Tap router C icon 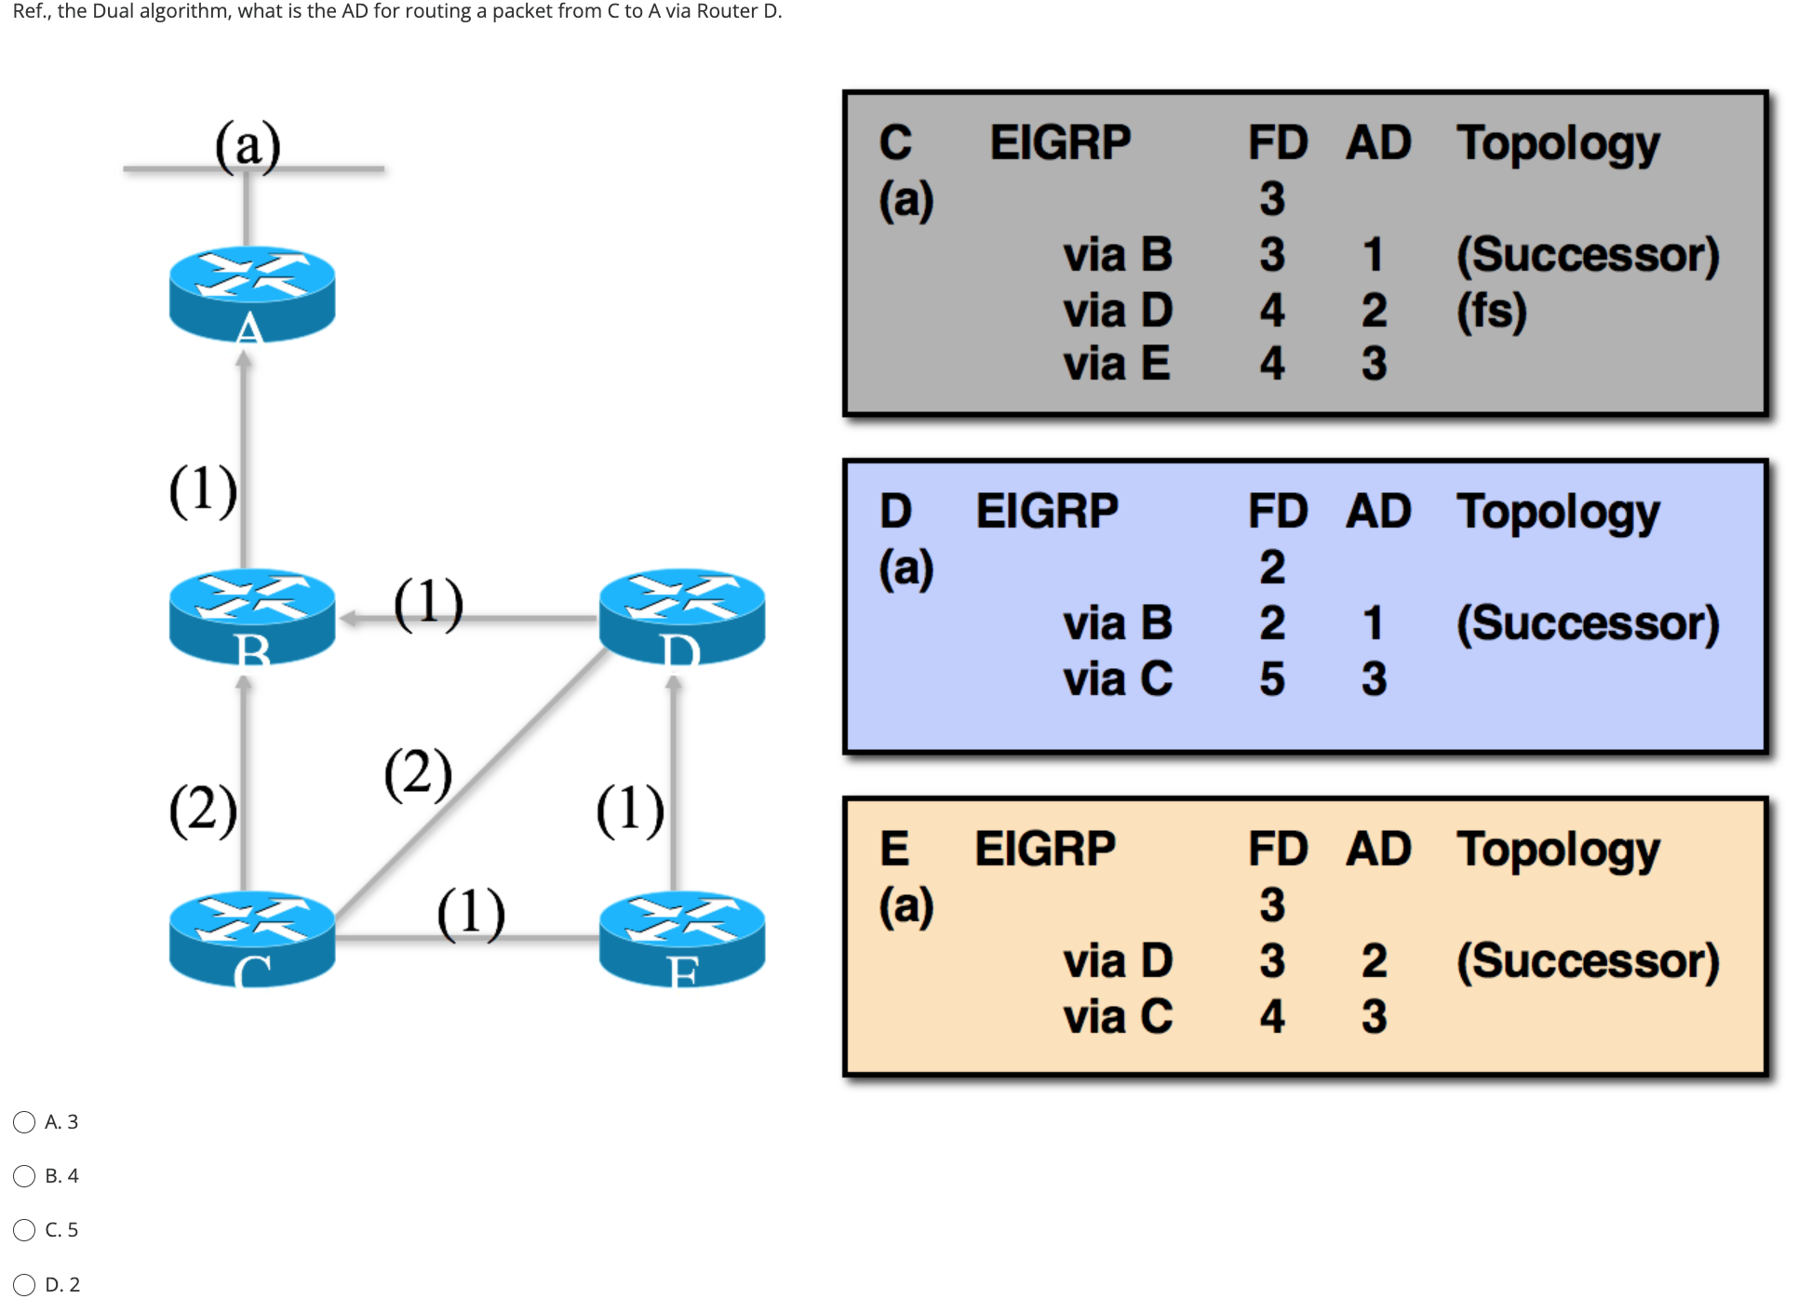click(251, 937)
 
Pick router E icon click(681, 937)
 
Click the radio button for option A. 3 click(24, 1122)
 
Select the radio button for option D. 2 click(24, 1285)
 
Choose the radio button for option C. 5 click(24, 1230)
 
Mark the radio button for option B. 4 click(24, 1176)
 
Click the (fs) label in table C click(1491, 310)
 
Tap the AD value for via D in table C click(1374, 310)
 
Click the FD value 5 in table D click(1271, 678)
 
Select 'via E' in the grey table click(1116, 364)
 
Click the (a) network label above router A click(248, 145)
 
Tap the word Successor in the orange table click(1587, 960)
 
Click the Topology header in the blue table click(1557, 512)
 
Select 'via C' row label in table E click(1117, 1016)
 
